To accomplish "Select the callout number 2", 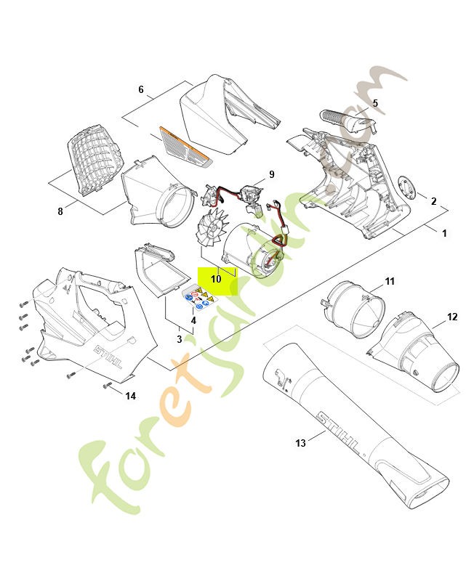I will (x=433, y=201).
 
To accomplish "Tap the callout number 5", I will (x=375, y=103).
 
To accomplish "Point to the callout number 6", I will (x=141, y=89).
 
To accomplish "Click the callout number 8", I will (x=60, y=211).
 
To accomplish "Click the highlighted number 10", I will (x=217, y=279).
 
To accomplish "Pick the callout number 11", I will (x=389, y=280).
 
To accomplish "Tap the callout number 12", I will (x=452, y=316).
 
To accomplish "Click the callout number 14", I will (x=131, y=396).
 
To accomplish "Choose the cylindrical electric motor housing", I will (x=256, y=251).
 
